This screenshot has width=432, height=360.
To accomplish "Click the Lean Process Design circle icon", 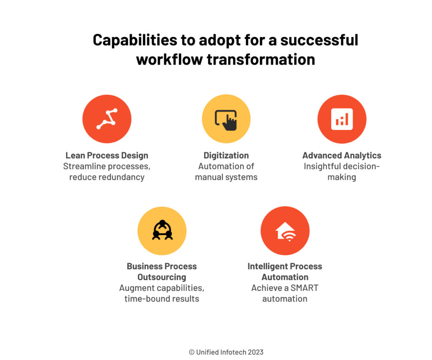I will [x=107, y=119].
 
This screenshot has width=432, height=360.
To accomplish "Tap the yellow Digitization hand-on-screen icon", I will [x=226, y=119].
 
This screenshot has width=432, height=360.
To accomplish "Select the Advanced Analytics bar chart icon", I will [x=342, y=119].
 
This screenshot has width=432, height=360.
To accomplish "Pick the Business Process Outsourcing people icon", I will [x=162, y=230].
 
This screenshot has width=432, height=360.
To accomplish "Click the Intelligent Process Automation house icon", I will [x=285, y=230].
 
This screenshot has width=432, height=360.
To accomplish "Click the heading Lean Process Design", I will [x=107, y=155].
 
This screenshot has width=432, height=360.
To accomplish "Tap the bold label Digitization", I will [x=226, y=155].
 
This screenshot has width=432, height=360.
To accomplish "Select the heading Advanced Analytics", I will [x=342, y=155].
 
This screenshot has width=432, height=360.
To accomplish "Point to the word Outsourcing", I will [x=162, y=277].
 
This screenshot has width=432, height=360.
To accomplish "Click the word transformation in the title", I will [x=261, y=59].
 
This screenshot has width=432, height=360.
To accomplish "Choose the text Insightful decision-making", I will [x=342, y=171].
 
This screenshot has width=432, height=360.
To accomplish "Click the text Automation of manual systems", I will [x=226, y=171].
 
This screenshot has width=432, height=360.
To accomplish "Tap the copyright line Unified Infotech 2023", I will [x=226, y=352].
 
